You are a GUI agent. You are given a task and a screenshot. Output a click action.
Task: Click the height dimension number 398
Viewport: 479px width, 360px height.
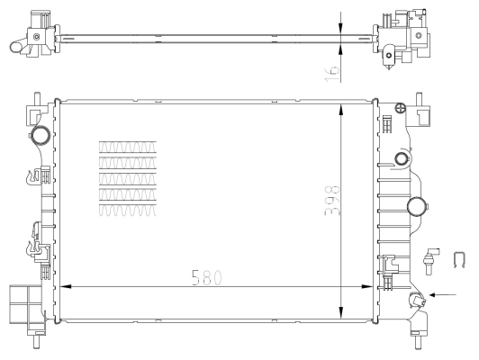pos(332,200)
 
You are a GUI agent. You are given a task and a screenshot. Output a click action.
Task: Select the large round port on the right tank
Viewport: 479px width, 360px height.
pos(417,207)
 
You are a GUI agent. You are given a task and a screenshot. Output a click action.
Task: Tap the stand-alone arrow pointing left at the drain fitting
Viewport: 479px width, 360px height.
pos(446,293)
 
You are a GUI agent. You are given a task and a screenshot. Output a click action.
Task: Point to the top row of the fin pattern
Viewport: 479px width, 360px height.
pos(127,147)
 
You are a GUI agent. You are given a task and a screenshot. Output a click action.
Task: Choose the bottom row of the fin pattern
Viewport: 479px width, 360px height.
pos(127,210)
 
